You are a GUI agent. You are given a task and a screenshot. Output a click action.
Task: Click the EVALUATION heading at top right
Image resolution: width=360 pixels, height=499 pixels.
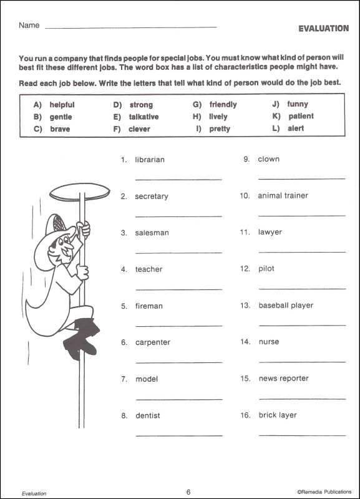click(x=323, y=28)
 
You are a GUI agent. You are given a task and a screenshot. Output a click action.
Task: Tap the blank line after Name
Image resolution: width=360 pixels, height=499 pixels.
click(x=131, y=28)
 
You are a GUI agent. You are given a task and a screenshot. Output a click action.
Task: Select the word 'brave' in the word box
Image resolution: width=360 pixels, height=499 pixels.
click(x=60, y=129)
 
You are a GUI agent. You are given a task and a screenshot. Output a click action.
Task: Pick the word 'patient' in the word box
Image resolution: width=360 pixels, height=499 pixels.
click(x=301, y=117)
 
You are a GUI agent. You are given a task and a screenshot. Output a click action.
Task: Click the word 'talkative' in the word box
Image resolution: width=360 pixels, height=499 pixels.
click(x=144, y=117)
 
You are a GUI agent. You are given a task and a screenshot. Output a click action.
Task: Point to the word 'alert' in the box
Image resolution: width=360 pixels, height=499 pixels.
click(x=296, y=128)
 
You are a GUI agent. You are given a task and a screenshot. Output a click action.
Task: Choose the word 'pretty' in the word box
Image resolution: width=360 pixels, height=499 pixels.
click(x=220, y=129)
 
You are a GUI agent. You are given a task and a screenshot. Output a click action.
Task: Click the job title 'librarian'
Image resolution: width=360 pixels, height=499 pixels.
click(x=150, y=160)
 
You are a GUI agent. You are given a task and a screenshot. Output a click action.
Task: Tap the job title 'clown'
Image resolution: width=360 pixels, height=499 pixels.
click(x=268, y=159)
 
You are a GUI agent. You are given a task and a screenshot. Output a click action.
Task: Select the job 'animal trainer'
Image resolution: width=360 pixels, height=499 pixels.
click(x=283, y=196)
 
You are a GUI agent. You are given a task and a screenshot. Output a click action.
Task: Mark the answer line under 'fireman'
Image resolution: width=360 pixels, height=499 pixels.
click(x=178, y=325)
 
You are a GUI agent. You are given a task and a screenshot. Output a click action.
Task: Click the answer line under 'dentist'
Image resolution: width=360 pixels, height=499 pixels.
click(x=178, y=435)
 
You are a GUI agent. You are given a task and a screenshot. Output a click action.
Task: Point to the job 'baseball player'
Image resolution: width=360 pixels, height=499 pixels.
click(x=285, y=306)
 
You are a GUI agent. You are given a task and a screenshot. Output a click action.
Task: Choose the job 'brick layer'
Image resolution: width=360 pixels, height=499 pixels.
click(x=277, y=415)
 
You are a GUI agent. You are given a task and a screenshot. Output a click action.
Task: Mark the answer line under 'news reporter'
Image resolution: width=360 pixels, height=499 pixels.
click(x=301, y=397)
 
